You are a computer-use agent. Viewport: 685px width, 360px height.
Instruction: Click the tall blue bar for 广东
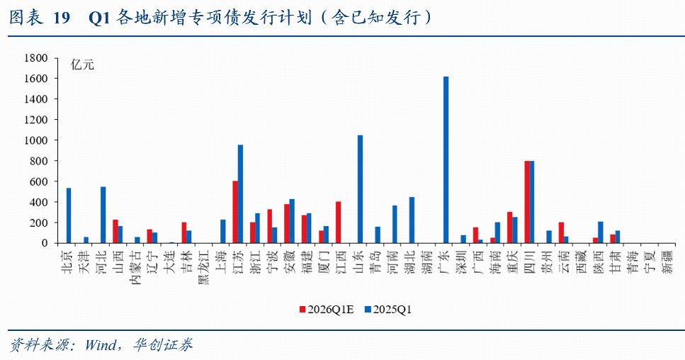tap(446, 160)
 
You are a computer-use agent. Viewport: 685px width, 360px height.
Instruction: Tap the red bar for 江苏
tap(235, 212)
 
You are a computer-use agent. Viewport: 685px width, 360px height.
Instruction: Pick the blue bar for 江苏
tap(241, 194)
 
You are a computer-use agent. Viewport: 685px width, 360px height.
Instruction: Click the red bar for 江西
tap(338, 223)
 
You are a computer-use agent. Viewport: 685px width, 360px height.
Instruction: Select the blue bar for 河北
tap(103, 215)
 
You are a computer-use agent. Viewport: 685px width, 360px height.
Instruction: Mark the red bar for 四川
tap(527, 202)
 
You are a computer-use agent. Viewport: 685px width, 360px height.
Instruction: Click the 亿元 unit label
tap(82, 64)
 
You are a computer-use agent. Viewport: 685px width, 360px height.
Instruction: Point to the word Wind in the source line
tap(98, 346)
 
